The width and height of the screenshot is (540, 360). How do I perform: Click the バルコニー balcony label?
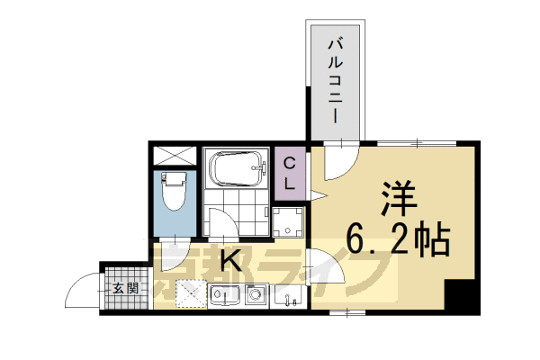point(335,81)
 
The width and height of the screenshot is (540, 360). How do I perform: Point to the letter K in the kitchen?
point(230,262)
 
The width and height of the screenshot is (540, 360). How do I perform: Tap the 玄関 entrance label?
point(127,289)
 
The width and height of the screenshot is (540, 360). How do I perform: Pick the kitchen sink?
point(223,295)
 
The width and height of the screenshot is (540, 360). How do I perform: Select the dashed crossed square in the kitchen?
point(190,293)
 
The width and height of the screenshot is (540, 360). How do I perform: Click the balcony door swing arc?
point(337,163)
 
